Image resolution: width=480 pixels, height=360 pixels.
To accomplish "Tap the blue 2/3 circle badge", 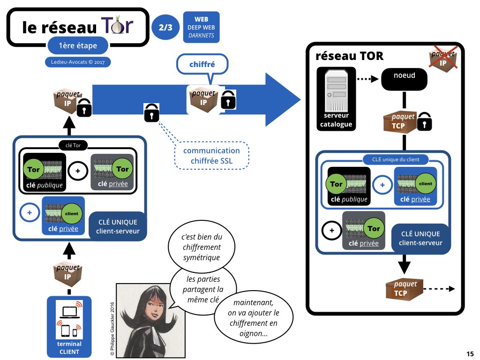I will pyautogui.click(x=165, y=27).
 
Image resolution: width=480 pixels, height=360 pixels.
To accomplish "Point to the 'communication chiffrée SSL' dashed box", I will pyautogui.click(x=211, y=156).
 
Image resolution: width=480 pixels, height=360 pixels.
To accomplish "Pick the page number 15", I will pyautogui.click(x=470, y=353).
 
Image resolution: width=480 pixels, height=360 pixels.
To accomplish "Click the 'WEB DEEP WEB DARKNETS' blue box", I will pyautogui.click(x=201, y=27).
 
